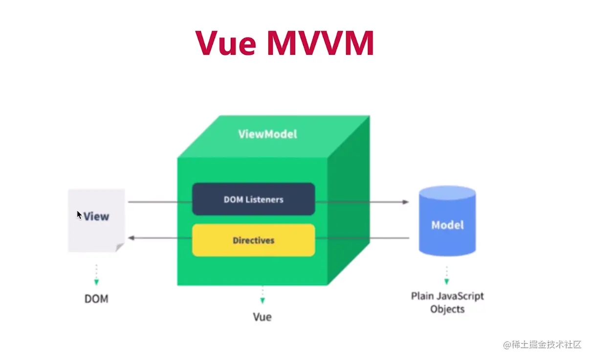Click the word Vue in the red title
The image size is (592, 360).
pyautogui.click(x=225, y=43)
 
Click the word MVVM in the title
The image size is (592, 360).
pyautogui.click(x=321, y=43)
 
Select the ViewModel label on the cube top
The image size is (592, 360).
pyautogui.click(x=267, y=134)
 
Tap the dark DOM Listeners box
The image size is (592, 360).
pyautogui.click(x=253, y=199)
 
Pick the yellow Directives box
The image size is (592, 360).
pyautogui.click(x=253, y=240)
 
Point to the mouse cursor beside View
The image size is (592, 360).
pyautogui.click(x=79, y=215)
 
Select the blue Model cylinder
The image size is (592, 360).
pyautogui.click(x=447, y=225)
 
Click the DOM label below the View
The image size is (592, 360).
pyautogui.click(x=96, y=298)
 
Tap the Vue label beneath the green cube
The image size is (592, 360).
pyautogui.click(x=262, y=317)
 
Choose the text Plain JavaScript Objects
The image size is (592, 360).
pyautogui.click(x=447, y=302)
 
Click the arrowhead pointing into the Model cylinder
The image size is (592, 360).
pyautogui.click(x=405, y=202)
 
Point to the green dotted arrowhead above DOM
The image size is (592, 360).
pyautogui.click(x=96, y=282)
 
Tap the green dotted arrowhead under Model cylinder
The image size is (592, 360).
pyautogui.click(x=446, y=281)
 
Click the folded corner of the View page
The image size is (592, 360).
pyautogui.click(x=120, y=248)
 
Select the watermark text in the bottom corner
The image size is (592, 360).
pyautogui.click(x=542, y=344)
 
